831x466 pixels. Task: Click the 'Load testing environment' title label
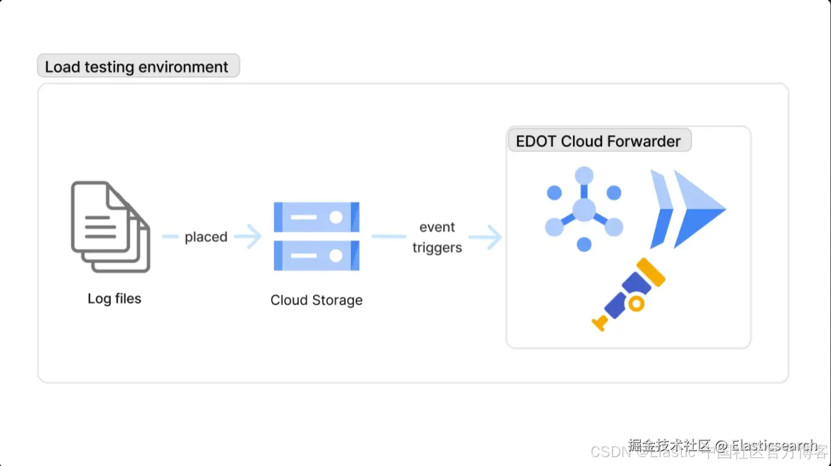pyautogui.click(x=138, y=67)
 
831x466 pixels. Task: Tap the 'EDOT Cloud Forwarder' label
pyautogui.click(x=599, y=141)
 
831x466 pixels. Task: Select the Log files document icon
pyautogui.click(x=110, y=227)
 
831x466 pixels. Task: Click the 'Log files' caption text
pyautogui.click(x=114, y=299)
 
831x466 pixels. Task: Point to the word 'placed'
pyautogui.click(x=206, y=237)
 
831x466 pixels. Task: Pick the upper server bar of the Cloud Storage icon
pyautogui.click(x=316, y=217)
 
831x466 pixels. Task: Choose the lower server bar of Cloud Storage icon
pyautogui.click(x=316, y=256)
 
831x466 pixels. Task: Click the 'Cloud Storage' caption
pyautogui.click(x=316, y=300)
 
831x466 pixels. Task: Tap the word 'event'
pyautogui.click(x=437, y=227)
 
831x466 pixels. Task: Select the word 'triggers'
pyautogui.click(x=437, y=248)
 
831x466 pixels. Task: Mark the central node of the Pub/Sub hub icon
pyautogui.click(x=584, y=210)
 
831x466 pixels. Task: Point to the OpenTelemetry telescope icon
pyautogui.click(x=630, y=294)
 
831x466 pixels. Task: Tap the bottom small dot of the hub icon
pyautogui.click(x=584, y=245)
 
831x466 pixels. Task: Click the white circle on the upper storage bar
pyautogui.click(x=336, y=217)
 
